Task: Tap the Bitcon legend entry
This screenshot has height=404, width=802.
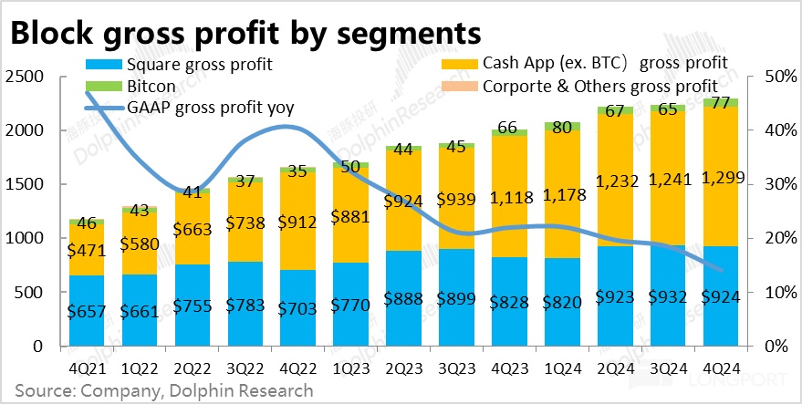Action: click(151, 86)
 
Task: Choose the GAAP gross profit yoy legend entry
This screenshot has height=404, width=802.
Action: click(215, 107)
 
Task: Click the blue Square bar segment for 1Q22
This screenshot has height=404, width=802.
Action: click(141, 310)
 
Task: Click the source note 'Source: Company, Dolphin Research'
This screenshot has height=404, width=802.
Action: click(163, 391)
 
